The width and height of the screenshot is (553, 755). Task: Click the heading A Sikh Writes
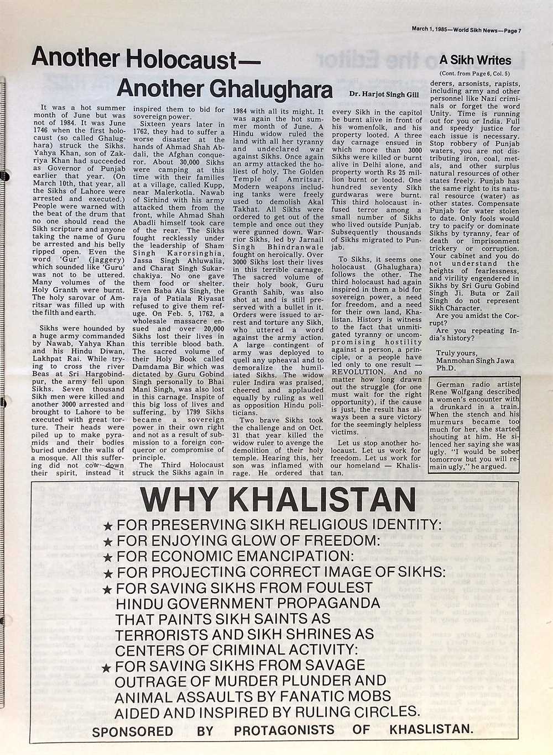pos(476,61)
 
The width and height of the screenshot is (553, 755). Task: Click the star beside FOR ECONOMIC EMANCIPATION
pos(108,556)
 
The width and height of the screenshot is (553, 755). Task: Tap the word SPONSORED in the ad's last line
pos(132,731)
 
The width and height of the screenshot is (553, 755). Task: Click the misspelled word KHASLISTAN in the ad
pos(431,730)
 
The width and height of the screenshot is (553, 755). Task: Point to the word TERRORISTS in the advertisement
pos(170,634)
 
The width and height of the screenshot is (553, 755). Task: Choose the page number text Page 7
pos(511,30)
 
